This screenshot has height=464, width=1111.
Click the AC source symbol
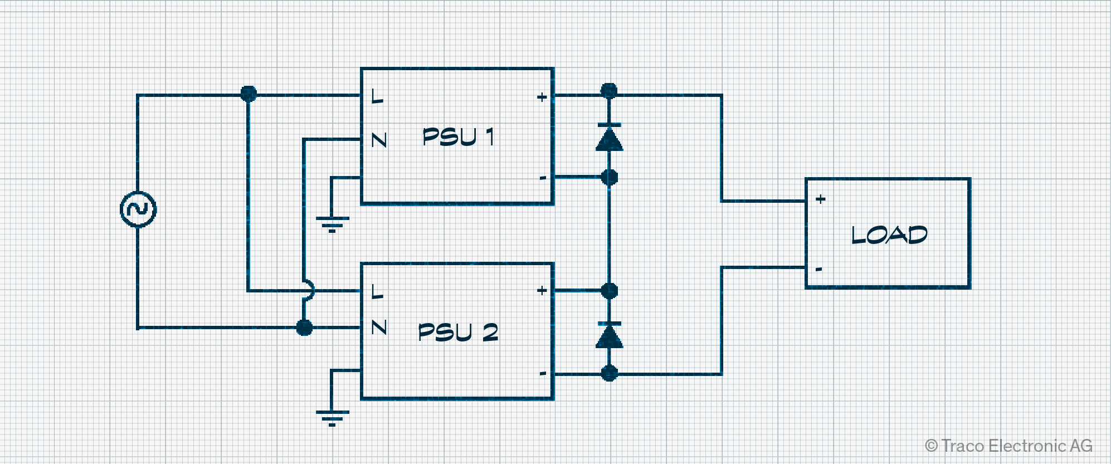[138, 209]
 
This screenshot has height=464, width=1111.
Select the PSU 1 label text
[458, 137]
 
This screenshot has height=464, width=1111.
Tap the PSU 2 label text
[458, 332]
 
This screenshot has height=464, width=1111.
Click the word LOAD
[889, 235]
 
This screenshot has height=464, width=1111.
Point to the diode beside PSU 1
[609, 137]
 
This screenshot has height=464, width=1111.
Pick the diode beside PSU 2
[609, 335]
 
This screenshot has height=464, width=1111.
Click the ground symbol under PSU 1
[332, 223]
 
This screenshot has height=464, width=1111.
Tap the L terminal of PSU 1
[377, 97]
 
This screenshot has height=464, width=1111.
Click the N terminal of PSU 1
[379, 140]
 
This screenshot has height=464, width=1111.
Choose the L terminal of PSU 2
[377, 291]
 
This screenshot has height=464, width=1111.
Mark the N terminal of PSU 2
[379, 327]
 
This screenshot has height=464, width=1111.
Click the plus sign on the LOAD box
[820, 199]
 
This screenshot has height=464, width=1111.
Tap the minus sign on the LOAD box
[819, 270]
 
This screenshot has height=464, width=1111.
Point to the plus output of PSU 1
[542, 97]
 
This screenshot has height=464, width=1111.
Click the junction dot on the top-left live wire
[248, 94]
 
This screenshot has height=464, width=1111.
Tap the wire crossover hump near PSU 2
[308, 290]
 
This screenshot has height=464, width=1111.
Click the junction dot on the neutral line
[304, 328]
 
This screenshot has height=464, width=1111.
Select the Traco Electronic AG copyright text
[1008, 446]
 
